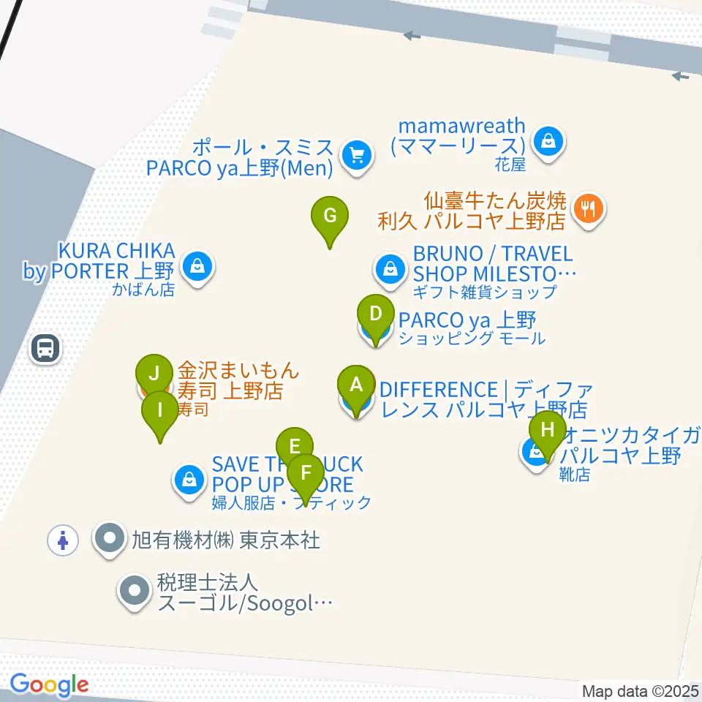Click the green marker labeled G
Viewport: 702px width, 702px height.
pyautogui.click(x=330, y=216)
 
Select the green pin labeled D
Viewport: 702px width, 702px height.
pyautogui.click(x=375, y=314)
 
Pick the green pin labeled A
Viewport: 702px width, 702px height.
pyautogui.click(x=356, y=385)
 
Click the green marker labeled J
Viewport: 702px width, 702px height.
pyautogui.click(x=154, y=373)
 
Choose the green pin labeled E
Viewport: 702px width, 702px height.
pyautogui.click(x=295, y=446)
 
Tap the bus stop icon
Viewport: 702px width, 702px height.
pyautogui.click(x=46, y=348)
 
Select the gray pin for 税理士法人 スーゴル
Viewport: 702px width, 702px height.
pyautogui.click(x=134, y=589)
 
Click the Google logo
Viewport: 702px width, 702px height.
pyautogui.click(x=49, y=685)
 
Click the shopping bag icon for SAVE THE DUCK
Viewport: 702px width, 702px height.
pyautogui.click(x=189, y=480)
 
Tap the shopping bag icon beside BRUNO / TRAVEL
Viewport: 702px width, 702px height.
pyautogui.click(x=390, y=269)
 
